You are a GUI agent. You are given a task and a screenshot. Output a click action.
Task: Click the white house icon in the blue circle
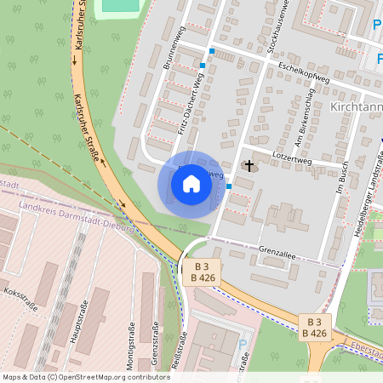(191, 184)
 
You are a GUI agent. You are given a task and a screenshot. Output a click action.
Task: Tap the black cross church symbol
(249, 165)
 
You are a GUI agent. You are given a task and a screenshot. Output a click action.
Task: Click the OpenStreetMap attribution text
(86, 376)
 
